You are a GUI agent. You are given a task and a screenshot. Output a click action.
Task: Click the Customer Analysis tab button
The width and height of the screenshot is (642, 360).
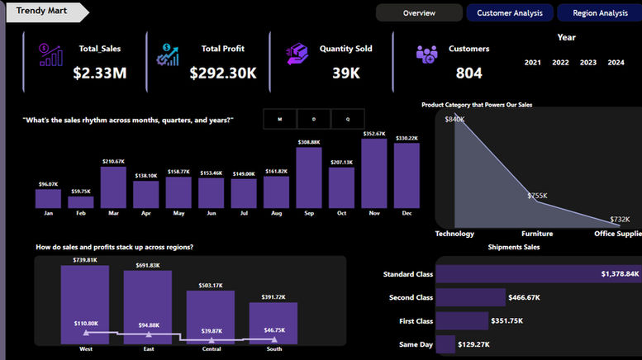[510, 13]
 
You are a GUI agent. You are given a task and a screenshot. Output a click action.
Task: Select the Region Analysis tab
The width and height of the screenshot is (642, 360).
[600, 13]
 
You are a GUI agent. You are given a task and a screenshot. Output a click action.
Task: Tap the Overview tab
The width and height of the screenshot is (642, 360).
[419, 13]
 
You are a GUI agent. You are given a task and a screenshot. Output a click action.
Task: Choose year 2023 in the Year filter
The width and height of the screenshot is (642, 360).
[588, 63]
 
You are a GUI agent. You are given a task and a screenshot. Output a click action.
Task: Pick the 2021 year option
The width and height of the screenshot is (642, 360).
[533, 63]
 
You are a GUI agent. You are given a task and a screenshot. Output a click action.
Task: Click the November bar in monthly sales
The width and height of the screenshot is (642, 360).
[374, 173]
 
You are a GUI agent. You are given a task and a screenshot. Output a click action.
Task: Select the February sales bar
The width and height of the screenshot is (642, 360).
[81, 201]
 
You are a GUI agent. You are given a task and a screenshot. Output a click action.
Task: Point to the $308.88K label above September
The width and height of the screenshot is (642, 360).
[309, 143]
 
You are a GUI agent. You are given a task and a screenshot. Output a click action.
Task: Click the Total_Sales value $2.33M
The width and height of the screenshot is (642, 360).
[99, 73]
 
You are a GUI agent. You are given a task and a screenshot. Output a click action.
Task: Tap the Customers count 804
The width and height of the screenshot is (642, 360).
[468, 73]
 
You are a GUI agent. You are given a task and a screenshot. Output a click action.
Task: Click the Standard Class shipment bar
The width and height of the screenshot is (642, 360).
[538, 274]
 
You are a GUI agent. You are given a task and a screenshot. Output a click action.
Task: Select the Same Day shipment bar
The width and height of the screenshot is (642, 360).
[445, 344]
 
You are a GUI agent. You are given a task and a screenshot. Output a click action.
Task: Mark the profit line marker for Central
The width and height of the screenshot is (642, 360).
[211, 339]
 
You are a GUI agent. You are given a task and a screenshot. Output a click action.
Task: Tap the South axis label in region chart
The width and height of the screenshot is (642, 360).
[273, 349]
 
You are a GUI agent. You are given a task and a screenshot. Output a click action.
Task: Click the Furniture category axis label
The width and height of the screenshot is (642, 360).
[537, 234]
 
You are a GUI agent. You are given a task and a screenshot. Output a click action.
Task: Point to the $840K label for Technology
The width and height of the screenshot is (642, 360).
[454, 120]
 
